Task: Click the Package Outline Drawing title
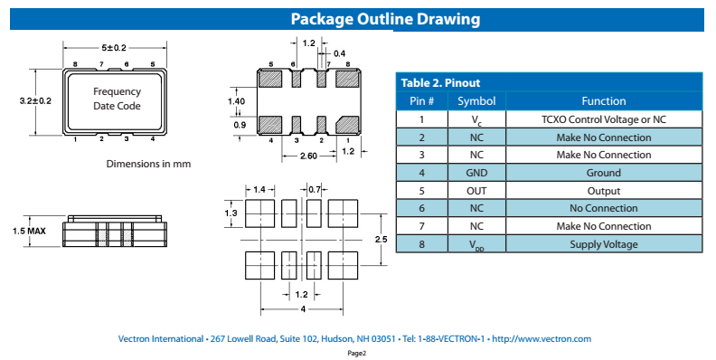coord(385,19)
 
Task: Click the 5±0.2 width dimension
coord(114,48)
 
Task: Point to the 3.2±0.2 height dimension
coord(35,100)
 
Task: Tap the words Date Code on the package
coord(117,106)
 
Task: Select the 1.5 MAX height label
coord(29,232)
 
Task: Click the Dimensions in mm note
coord(148,164)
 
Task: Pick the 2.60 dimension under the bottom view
coord(308,156)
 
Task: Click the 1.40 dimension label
coord(237,101)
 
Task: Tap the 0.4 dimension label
coord(339,53)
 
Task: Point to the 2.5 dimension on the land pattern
coord(381,239)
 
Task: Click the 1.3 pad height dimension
coord(231,213)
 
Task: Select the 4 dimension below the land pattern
coord(302,309)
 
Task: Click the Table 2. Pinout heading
coord(440,82)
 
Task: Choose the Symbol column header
coord(476,101)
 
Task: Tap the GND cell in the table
coord(476,173)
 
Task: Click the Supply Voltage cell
coord(604,244)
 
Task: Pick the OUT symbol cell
coord(476,191)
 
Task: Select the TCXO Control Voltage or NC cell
coord(604,119)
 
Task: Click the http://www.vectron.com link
coord(542,339)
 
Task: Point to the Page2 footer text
coord(357,353)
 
